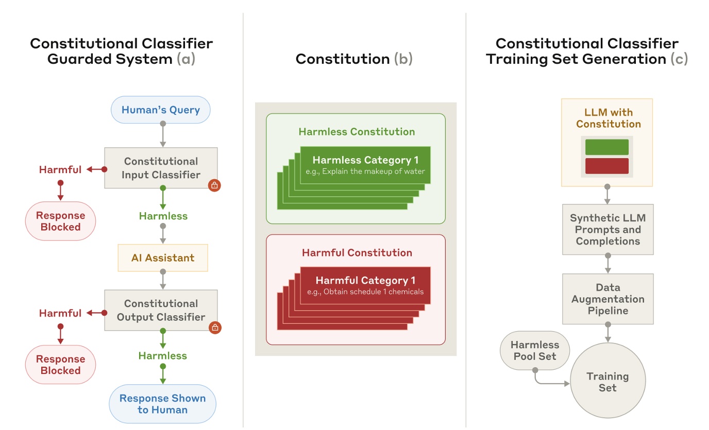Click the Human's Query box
tap(161, 110)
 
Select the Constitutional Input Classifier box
tap(161, 168)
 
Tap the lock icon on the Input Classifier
tap(215, 186)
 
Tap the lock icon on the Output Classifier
tap(215, 328)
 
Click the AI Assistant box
tap(163, 257)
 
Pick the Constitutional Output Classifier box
tap(161, 310)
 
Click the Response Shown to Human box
tap(162, 404)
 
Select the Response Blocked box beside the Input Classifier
tap(61, 221)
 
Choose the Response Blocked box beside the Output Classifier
tap(61, 365)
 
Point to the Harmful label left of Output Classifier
tap(60, 313)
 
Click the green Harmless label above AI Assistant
tap(163, 216)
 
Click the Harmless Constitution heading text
tap(356, 132)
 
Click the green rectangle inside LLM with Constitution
tap(607, 147)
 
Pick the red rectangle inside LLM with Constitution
tap(607, 166)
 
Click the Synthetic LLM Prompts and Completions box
tap(607, 229)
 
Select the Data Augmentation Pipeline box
tap(607, 299)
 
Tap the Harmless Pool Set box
tap(534, 351)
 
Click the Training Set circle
tap(607, 382)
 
